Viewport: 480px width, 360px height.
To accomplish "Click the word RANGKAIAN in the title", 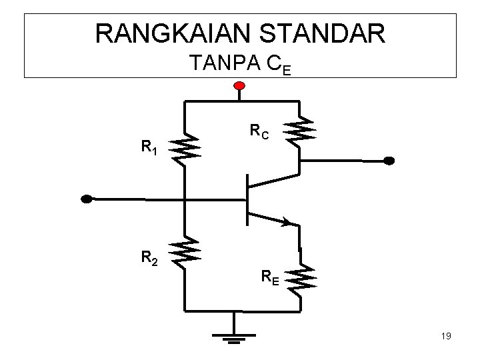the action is point(173,33).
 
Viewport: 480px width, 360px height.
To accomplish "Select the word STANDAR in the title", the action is point(322,33).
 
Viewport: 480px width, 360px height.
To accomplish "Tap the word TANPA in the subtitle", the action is point(225,63).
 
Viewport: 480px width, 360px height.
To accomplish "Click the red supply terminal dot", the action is point(239,86).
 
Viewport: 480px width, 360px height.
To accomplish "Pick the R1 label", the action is point(149,147).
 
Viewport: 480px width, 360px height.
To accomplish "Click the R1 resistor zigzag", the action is point(185,149).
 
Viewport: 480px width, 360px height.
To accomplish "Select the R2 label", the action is point(149,258).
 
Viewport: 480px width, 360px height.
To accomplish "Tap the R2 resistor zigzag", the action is point(185,253).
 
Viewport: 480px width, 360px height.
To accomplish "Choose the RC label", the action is point(259,131).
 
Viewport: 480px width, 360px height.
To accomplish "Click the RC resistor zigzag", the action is point(299,131).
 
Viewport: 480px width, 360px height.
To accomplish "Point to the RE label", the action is point(270,277).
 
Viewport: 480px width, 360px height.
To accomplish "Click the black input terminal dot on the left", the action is point(86,199).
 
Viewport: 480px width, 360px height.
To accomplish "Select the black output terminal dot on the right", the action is point(389,161).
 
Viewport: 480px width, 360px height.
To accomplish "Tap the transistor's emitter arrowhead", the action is point(286,222).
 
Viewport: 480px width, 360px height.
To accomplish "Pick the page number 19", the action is point(446,336).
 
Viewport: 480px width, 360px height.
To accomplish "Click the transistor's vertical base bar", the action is point(247,200).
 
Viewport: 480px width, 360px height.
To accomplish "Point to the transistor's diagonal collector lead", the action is point(273,181).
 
